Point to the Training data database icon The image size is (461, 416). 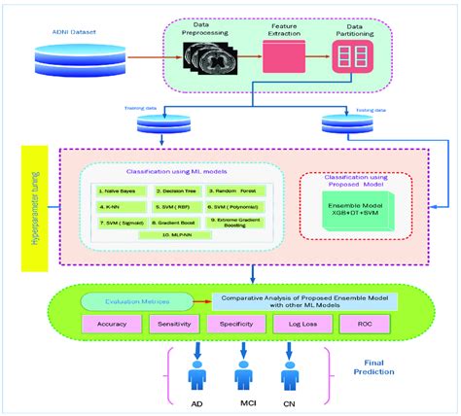pos(162,124)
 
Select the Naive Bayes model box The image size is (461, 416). pos(124,191)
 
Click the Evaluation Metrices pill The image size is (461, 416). pos(138,302)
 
